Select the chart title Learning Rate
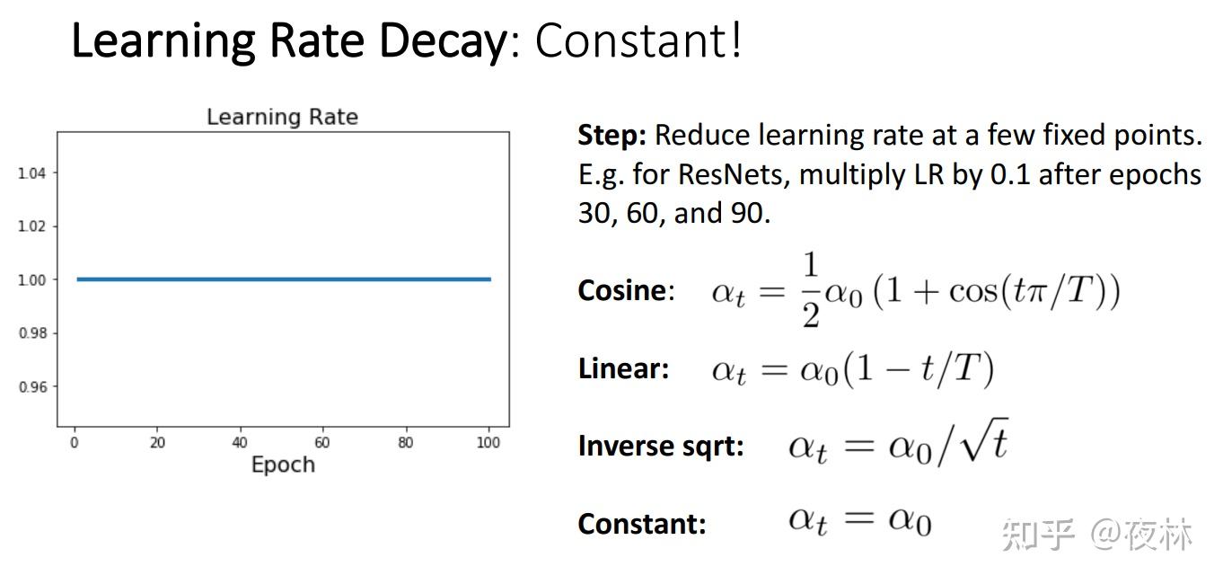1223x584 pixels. tap(282, 117)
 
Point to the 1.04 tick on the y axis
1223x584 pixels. tap(31, 173)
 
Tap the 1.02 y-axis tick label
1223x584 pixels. tap(31, 226)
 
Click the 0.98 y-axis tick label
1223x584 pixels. tap(32, 332)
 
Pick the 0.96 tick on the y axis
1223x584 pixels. tap(32, 386)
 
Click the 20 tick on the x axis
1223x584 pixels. tap(157, 443)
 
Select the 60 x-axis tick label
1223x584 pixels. tap(322, 443)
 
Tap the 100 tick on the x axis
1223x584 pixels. tap(488, 443)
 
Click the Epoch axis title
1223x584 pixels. tap(283, 465)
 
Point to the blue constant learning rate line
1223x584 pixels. tap(284, 279)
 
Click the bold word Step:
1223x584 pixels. tap(612, 136)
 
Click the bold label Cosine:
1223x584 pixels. tap(626, 290)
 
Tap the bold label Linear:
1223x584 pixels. tap(623, 368)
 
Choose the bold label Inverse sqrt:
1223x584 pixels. tap(661, 446)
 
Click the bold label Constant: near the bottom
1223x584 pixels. tap(642, 524)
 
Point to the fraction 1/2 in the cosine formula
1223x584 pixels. tap(811, 290)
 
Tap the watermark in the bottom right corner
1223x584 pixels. tap(1097, 534)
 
